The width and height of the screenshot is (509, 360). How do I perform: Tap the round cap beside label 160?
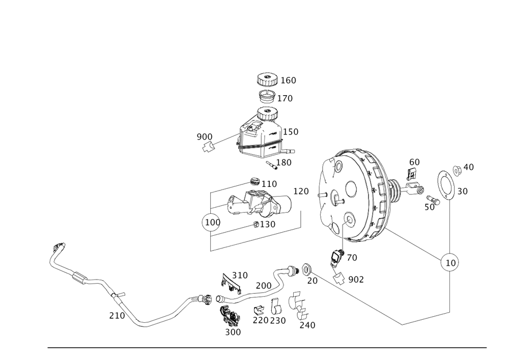(267, 80)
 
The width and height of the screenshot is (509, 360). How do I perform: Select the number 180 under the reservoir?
(284, 162)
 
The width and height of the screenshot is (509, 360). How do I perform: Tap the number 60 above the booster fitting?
(414, 162)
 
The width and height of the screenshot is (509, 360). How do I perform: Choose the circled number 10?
(449, 263)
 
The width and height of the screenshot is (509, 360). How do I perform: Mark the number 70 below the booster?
(352, 258)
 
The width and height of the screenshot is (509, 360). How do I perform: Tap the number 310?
(240, 275)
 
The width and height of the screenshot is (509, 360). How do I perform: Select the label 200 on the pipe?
(264, 286)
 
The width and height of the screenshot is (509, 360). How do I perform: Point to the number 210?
(117, 316)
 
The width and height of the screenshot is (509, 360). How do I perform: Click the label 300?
(233, 331)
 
